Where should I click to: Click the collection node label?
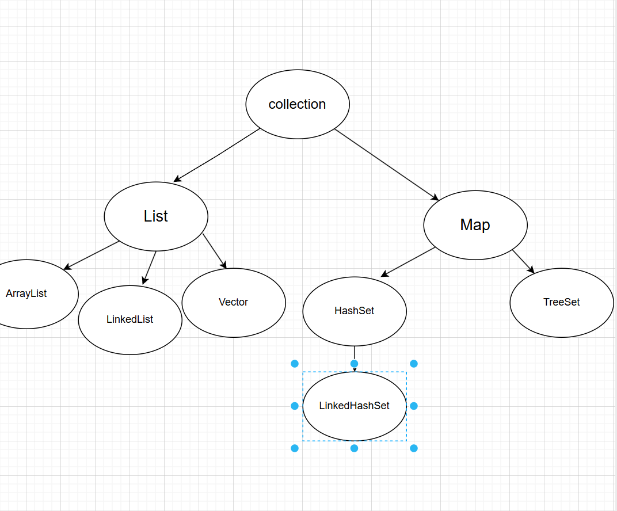point(297,104)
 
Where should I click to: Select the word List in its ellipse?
point(156,216)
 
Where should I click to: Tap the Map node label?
point(475,225)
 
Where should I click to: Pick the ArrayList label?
point(26,293)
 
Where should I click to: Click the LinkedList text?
point(130,319)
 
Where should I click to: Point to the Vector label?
point(233,302)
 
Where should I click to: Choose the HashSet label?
point(354,311)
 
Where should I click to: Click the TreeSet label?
point(562,302)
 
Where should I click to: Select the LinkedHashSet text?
point(354,406)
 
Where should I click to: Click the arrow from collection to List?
point(217,155)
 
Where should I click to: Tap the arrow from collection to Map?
point(386,165)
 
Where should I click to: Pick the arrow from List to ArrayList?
point(92,255)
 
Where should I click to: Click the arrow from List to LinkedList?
point(150,268)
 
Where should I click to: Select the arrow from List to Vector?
point(215,251)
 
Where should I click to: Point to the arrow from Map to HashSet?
point(408,262)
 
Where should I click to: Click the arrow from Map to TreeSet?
point(523,261)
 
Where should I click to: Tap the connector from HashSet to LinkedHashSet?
point(355,359)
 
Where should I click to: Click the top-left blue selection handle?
point(295,364)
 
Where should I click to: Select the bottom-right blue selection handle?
point(414,448)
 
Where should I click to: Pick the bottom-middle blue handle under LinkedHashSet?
point(354,448)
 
